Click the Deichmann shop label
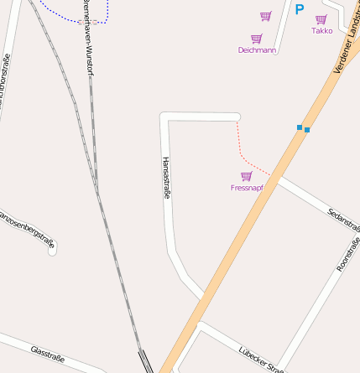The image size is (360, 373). tap(257, 49)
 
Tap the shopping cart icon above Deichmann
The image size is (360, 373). tap(257, 38)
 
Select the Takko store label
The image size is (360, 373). tap(321, 31)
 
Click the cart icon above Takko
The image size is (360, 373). tap(321, 19)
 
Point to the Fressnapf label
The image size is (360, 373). tap(247, 188)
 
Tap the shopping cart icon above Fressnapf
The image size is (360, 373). tap(247, 176)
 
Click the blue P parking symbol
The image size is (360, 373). tap(299, 10)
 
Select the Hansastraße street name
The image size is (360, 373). tap(166, 178)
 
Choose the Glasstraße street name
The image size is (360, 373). tap(47, 353)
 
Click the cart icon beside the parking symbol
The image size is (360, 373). tap(266, 16)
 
